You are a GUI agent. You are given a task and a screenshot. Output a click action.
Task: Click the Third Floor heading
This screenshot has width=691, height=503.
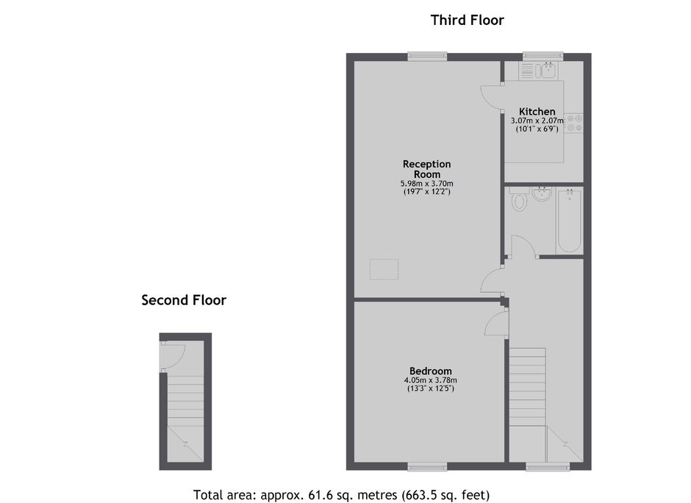[x=467, y=21]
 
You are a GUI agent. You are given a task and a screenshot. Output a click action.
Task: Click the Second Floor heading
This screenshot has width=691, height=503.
[x=184, y=300]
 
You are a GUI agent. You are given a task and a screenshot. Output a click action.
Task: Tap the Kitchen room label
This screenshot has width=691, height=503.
[x=537, y=112]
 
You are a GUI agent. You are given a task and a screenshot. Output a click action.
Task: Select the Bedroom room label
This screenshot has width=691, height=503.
[x=431, y=371]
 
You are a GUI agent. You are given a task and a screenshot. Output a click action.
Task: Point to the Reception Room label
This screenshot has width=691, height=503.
[x=426, y=169]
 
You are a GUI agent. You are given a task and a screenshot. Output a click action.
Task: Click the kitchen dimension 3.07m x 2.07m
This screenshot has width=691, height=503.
[x=537, y=121]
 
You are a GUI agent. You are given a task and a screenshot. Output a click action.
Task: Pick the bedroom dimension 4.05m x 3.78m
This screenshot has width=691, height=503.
[x=431, y=380]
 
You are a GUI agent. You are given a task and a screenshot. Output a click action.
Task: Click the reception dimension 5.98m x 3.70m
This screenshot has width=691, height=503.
[x=426, y=184]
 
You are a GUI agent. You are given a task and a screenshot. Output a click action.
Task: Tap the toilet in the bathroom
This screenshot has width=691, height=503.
[x=519, y=199]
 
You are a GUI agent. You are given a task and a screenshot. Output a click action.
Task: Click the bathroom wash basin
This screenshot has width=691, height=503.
[x=542, y=194]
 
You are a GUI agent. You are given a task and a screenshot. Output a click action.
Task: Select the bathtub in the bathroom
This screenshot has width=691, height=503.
[x=570, y=221]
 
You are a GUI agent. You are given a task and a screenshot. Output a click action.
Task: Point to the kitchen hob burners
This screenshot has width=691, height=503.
[x=574, y=123]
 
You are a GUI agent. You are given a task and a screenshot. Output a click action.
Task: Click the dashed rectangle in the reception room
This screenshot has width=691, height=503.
[x=384, y=269]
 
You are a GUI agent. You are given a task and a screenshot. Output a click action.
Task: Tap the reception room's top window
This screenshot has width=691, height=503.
[x=427, y=57]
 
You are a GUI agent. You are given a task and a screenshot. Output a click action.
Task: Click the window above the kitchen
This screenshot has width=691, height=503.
[x=543, y=57]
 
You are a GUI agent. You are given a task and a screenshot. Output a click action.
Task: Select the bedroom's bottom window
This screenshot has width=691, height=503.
[x=427, y=466]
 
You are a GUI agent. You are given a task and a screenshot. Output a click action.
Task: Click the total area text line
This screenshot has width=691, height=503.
[x=342, y=495]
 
